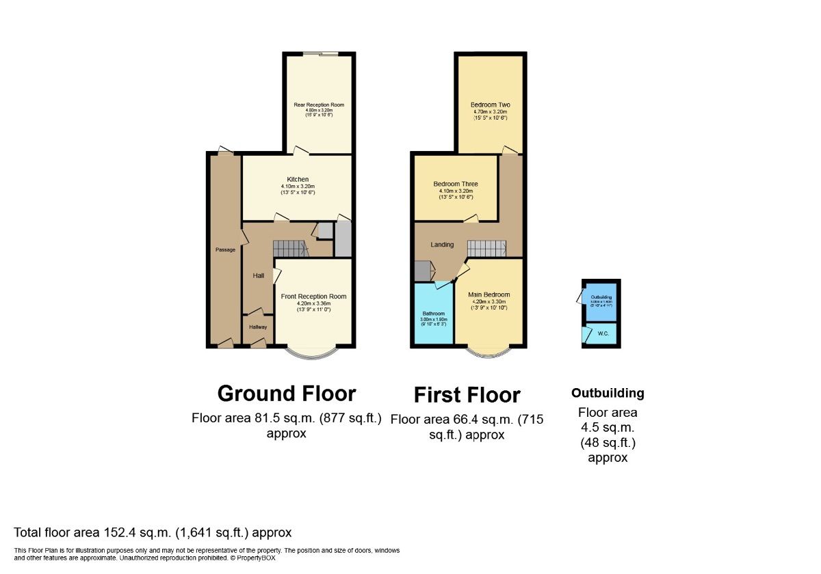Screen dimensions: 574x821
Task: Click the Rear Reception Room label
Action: click(319, 105)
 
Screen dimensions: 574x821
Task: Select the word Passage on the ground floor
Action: click(225, 250)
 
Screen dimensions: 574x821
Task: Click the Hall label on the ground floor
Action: click(259, 275)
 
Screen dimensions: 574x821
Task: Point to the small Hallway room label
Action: click(258, 327)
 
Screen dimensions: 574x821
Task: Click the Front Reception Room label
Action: click(314, 297)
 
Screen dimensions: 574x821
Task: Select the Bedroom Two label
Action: click(491, 105)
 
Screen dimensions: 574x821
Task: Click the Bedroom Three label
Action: click(456, 184)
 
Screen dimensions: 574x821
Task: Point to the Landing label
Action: click(442, 244)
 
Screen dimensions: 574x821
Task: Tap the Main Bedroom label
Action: click(489, 295)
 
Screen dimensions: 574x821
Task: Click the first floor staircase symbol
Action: click(486, 247)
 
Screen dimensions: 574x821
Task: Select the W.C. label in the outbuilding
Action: click(603, 334)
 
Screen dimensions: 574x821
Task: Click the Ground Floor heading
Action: click(287, 394)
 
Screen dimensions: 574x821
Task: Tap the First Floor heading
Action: click(467, 395)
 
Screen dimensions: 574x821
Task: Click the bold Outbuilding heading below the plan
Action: click(608, 394)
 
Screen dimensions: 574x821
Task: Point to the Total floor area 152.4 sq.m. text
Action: click(153, 532)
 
